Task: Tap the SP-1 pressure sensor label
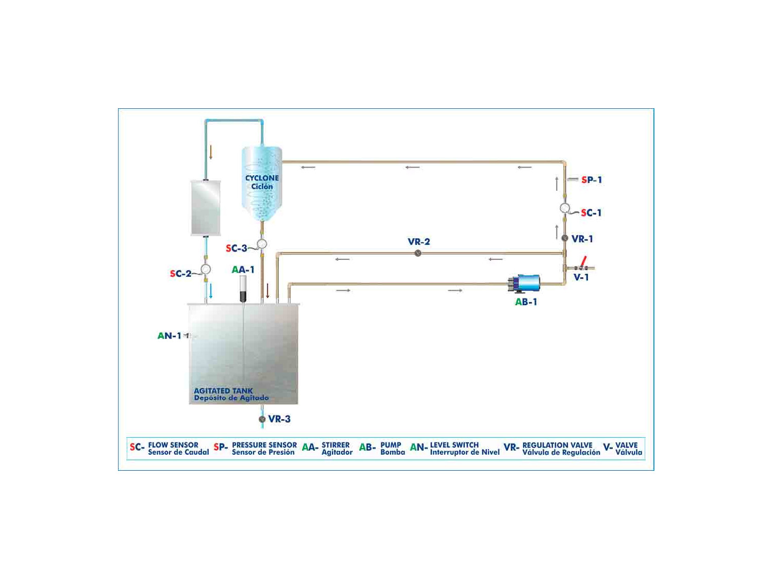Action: tap(591, 180)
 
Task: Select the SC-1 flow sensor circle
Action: tap(565, 208)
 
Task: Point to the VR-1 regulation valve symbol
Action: tap(564, 238)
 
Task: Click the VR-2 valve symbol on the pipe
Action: tap(417, 253)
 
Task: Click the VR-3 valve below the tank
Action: tap(262, 419)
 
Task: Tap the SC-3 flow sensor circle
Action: tap(261, 244)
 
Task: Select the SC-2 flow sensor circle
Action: tap(206, 270)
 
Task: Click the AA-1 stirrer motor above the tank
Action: tap(243, 289)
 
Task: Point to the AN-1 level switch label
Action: tap(170, 336)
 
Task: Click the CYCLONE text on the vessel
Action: tap(262, 178)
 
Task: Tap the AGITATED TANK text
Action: tap(223, 391)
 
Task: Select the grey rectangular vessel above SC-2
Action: tap(206, 208)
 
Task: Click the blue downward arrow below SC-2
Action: tap(211, 291)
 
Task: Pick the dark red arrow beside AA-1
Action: tap(267, 291)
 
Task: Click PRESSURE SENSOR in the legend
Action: tap(264, 445)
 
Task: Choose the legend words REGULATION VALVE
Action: tap(558, 445)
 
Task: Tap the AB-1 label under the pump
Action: tap(526, 302)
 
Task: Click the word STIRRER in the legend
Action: tap(335, 445)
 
